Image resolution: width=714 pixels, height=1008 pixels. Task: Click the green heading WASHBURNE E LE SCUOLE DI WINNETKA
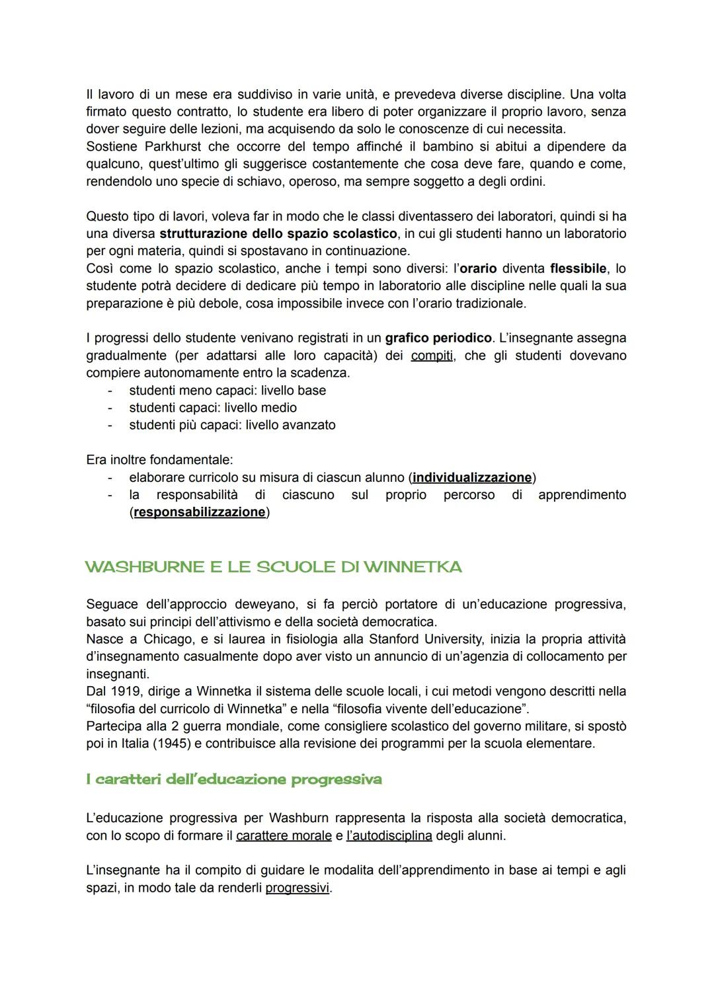273,567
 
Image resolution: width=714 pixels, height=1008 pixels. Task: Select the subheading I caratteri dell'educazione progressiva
234,779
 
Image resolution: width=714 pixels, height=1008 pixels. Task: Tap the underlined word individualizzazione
472,477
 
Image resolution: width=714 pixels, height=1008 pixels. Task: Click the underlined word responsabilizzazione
200,512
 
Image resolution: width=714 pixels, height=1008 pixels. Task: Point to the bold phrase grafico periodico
438,338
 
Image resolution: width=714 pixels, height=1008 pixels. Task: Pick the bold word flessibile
578,268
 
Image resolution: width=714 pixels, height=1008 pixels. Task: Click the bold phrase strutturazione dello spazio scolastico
278,233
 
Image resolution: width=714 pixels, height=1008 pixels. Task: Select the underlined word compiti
432,356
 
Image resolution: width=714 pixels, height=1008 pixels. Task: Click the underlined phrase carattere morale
284,835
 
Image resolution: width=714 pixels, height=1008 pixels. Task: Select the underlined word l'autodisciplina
389,835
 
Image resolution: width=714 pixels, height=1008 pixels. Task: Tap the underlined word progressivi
297,888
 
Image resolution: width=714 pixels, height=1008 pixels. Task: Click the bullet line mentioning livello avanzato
232,425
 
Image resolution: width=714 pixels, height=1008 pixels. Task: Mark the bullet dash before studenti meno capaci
110,391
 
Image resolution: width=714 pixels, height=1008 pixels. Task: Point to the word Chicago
167,639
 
